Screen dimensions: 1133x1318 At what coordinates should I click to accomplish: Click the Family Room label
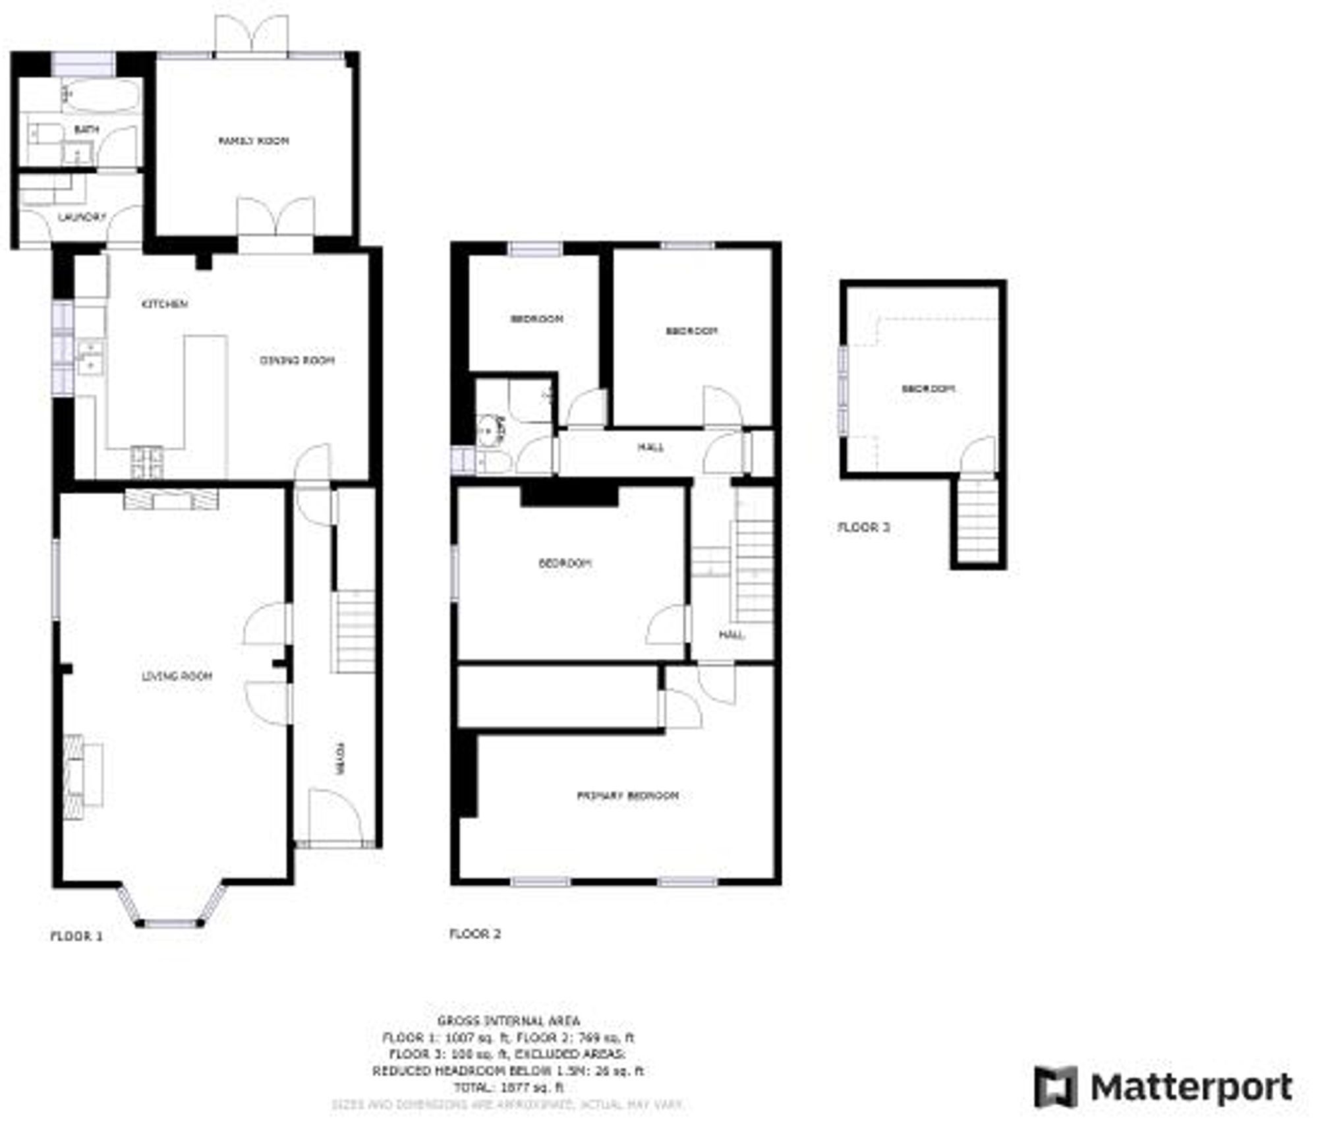[253, 140]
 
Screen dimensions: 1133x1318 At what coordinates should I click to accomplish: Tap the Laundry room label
[82, 217]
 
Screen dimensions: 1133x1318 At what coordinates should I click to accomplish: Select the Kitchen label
[165, 304]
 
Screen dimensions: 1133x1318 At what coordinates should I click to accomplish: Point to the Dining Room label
[297, 360]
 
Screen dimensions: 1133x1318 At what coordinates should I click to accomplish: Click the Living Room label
[177, 676]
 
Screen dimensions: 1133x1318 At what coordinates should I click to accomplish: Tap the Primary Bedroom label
[627, 796]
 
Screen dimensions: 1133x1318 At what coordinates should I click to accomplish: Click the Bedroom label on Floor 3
[927, 389]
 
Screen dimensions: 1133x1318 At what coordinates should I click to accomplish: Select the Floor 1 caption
[76, 936]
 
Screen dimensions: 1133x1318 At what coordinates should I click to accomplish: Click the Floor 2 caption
[474, 934]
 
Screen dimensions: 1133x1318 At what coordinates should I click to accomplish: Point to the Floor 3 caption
[863, 527]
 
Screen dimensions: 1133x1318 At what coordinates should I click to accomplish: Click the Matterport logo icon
[1055, 1087]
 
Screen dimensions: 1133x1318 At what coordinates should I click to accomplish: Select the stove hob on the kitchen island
[147, 462]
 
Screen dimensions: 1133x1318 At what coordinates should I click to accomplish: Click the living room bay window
[171, 923]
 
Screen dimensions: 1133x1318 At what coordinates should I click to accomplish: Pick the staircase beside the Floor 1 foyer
[356, 631]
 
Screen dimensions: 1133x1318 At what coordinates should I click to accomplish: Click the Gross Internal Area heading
[509, 1021]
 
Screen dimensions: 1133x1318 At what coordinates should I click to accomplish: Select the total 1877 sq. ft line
[509, 1088]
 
